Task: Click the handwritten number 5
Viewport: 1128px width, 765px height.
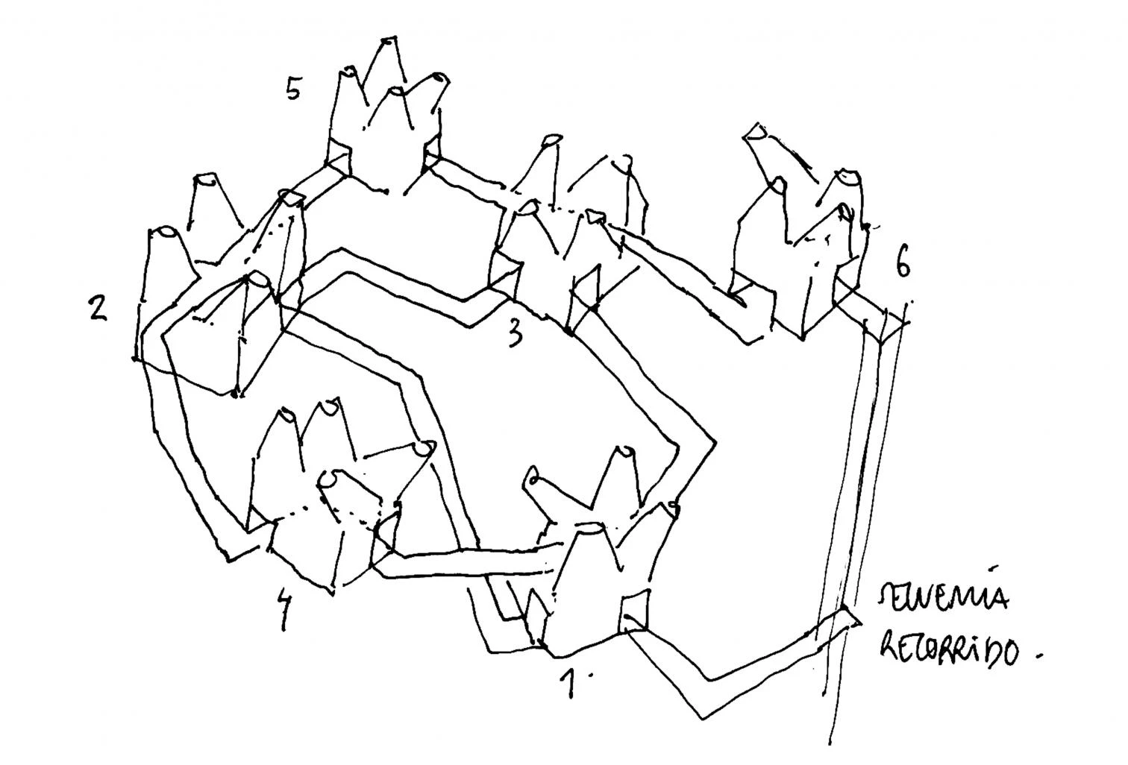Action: [293, 89]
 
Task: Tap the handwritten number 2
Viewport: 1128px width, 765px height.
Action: [97, 308]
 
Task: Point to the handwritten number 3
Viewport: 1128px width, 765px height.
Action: [515, 334]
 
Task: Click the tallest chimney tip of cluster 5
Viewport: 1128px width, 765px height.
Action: [388, 39]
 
